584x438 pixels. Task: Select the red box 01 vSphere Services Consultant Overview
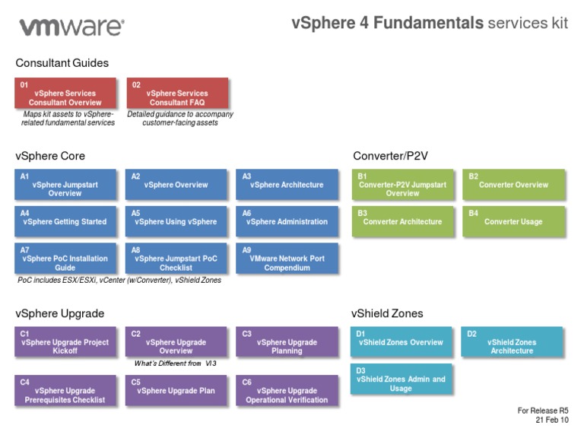(65, 94)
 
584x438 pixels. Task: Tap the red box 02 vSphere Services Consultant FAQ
(177, 94)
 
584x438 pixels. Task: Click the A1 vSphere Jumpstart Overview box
(65, 185)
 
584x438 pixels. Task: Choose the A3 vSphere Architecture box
(287, 185)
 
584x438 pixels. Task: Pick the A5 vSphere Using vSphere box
(176, 222)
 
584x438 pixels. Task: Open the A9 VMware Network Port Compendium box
(287, 259)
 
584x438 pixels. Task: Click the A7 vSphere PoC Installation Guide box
(65, 259)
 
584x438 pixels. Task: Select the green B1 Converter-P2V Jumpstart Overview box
(402, 185)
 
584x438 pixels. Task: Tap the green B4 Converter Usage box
(513, 222)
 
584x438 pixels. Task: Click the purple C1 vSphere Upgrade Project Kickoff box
(65, 343)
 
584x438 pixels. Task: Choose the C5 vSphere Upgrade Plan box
(176, 392)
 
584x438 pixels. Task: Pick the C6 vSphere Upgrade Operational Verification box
(287, 392)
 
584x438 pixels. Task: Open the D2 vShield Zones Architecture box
(512, 343)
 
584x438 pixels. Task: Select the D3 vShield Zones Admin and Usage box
(401, 379)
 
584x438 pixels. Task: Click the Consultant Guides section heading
(62, 63)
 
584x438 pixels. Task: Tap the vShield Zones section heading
(387, 313)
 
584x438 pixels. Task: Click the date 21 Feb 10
(551, 420)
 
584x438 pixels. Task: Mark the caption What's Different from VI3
(176, 363)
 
